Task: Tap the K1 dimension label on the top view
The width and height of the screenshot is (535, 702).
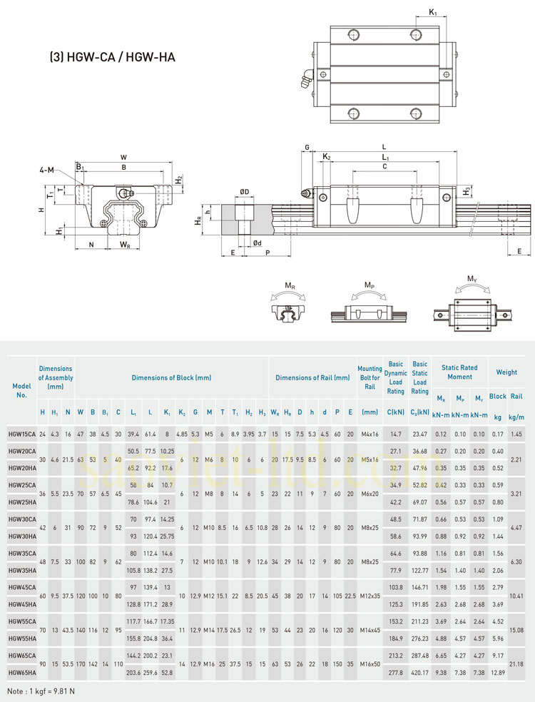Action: (x=434, y=12)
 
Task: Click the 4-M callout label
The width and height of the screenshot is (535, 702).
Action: (x=48, y=170)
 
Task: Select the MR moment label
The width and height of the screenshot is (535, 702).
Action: (x=290, y=286)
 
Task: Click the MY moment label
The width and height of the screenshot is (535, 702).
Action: (x=472, y=278)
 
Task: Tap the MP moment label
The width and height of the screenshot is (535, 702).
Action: (x=368, y=286)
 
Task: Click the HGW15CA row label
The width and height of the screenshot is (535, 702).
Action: (x=22, y=434)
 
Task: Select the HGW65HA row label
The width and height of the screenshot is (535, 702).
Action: (x=22, y=672)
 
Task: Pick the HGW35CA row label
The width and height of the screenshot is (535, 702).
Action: (x=22, y=553)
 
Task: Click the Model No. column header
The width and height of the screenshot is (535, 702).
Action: (x=21, y=390)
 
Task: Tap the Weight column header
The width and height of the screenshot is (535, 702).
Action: (x=506, y=372)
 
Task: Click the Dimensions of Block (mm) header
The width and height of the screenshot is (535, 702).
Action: (x=171, y=377)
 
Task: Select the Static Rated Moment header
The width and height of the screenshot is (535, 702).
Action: (x=459, y=372)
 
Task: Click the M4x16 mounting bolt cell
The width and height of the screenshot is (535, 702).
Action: (x=370, y=434)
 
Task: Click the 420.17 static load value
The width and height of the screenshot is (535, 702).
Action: (x=420, y=672)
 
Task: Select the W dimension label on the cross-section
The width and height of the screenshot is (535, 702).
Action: (x=124, y=157)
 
